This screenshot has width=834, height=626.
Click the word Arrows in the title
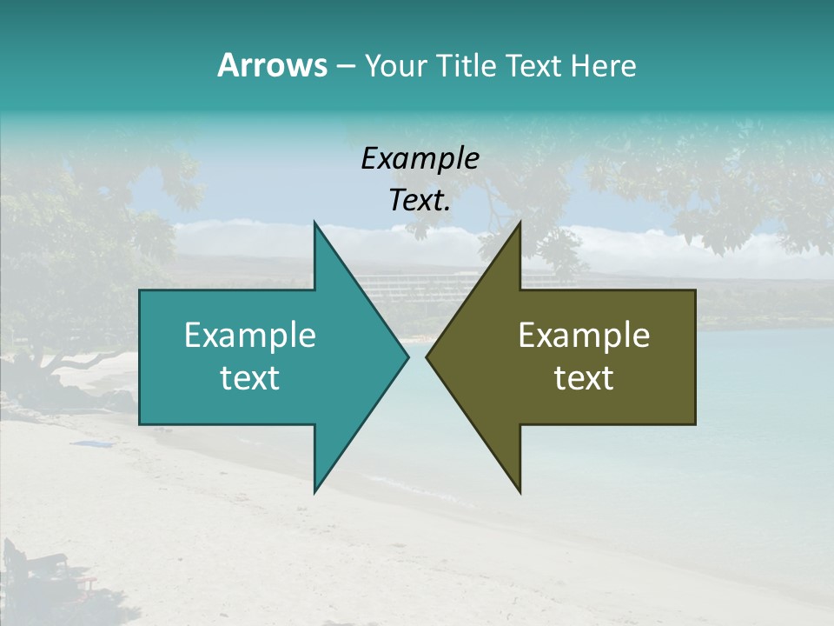271,65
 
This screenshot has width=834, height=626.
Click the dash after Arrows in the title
345,67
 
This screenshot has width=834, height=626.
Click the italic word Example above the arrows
420,159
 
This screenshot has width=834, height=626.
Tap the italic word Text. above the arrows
420,201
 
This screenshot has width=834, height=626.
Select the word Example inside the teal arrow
249,336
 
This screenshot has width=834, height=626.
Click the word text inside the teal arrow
249,378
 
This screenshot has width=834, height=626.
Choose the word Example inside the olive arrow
584,336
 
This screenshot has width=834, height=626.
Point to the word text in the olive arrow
584,378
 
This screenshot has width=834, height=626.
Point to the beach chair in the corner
35,569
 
